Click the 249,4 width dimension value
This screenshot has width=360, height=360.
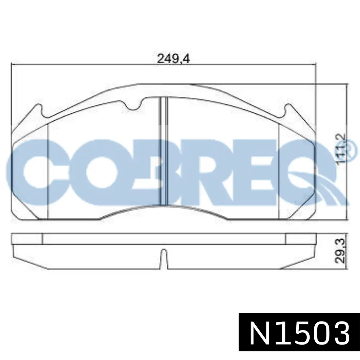click(x=173, y=59)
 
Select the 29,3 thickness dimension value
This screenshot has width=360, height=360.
click(x=341, y=251)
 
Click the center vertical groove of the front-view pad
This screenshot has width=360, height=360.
click(x=164, y=150)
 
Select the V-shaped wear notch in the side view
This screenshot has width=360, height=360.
click(x=163, y=258)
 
